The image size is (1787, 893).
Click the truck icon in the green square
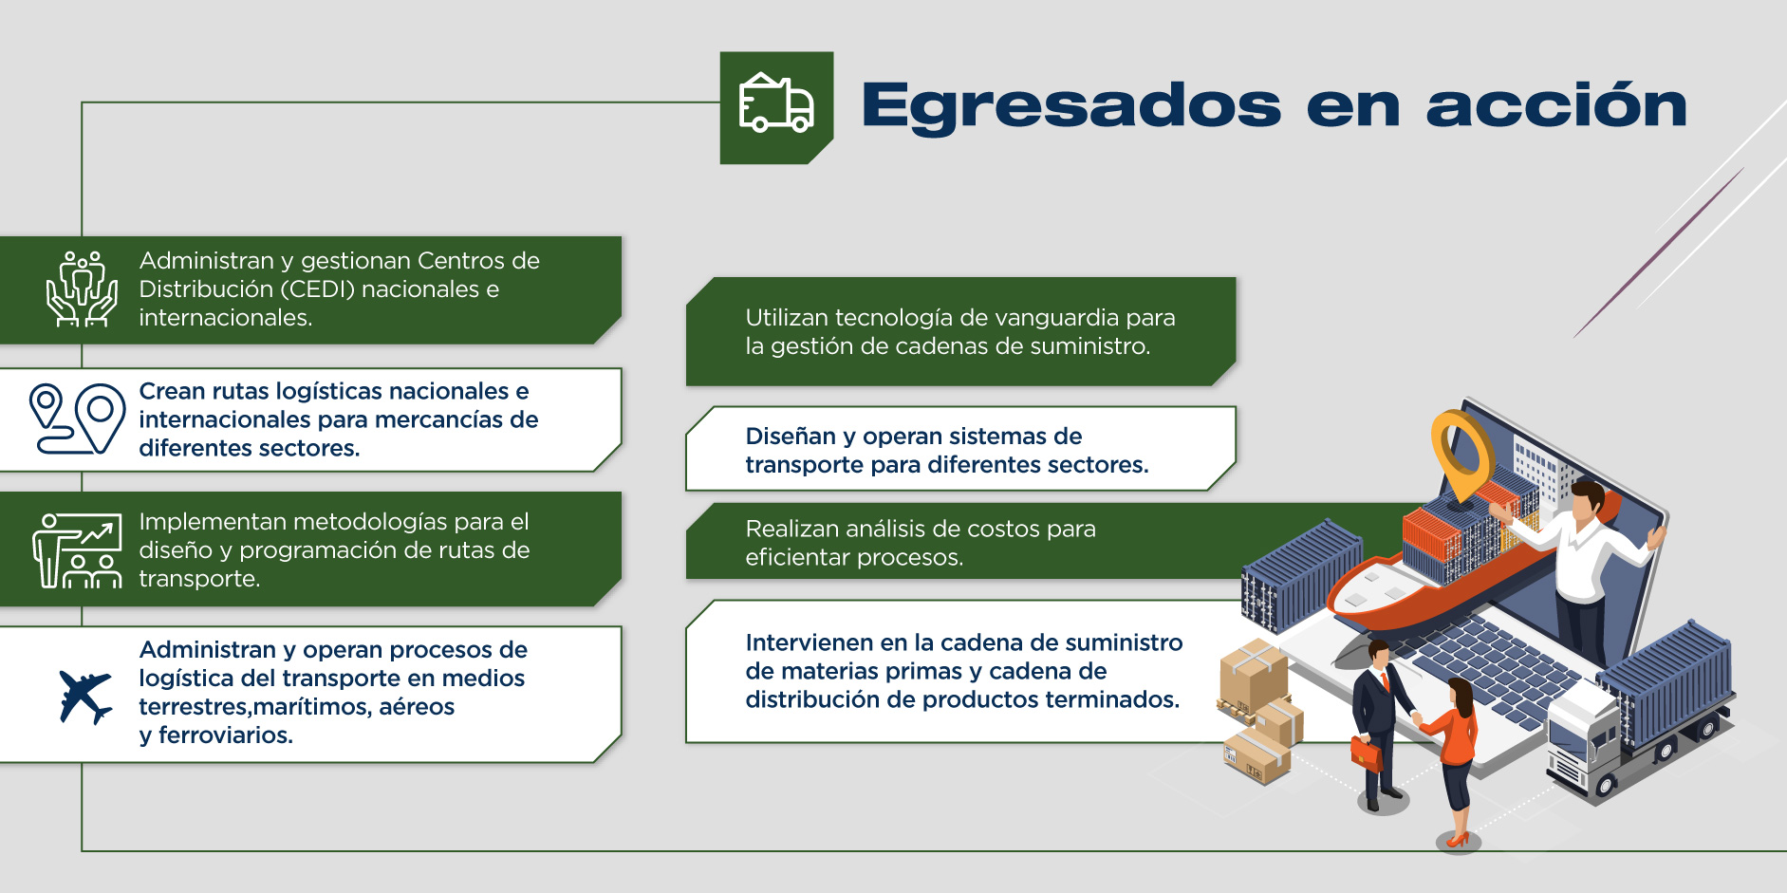coord(776,102)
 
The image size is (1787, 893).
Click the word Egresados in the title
coord(1071,106)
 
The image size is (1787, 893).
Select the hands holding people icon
coord(83,288)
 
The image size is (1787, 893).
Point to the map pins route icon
coord(77,419)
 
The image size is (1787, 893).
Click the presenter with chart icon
coord(78,550)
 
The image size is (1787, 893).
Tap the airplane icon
coord(85,697)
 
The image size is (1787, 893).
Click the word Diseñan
coord(791,436)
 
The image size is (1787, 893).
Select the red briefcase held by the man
coord(1367,753)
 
